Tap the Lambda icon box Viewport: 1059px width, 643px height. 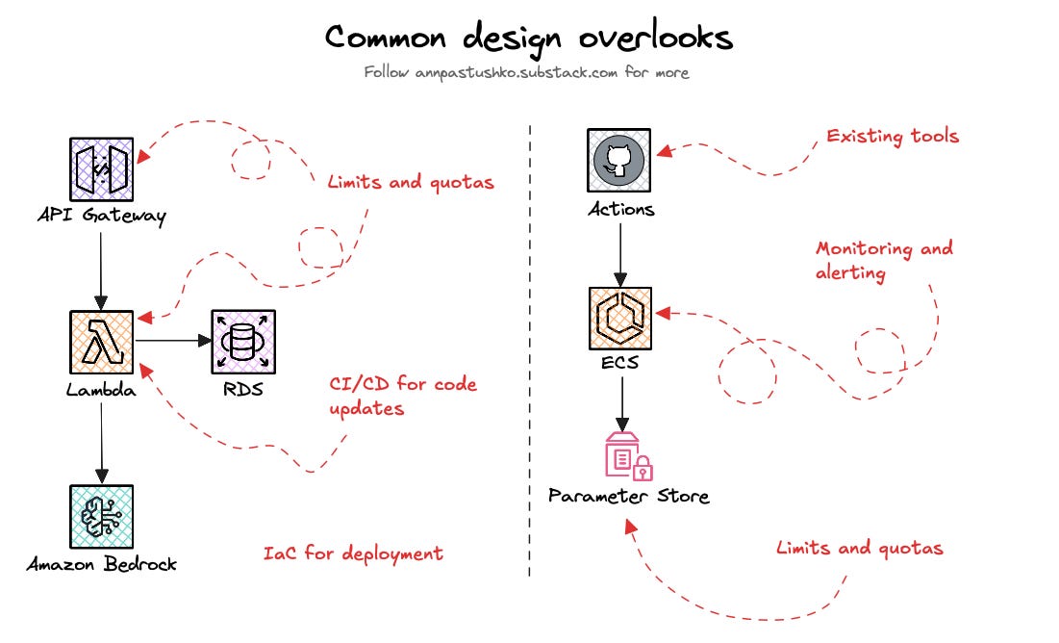pyautogui.click(x=101, y=342)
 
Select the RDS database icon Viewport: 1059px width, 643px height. pyautogui.click(x=243, y=341)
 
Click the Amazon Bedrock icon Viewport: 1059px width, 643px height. pyautogui.click(x=101, y=516)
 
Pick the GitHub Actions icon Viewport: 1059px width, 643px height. pyautogui.click(x=619, y=161)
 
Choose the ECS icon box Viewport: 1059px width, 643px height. pyautogui.click(x=619, y=319)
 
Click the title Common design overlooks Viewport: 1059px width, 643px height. pyautogui.click(x=528, y=38)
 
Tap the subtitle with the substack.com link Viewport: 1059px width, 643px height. pyautogui.click(x=526, y=72)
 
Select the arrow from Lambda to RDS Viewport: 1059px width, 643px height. pyautogui.click(x=173, y=341)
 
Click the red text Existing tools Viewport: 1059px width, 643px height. pyautogui.click(x=893, y=136)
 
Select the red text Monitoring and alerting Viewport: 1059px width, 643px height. pyautogui.click(x=884, y=260)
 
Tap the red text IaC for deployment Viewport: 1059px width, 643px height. pyautogui.click(x=353, y=553)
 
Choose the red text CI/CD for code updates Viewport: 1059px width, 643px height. pyautogui.click(x=403, y=397)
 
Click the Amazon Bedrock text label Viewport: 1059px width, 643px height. pyautogui.click(x=101, y=564)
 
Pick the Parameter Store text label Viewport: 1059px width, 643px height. pyautogui.click(x=628, y=497)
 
